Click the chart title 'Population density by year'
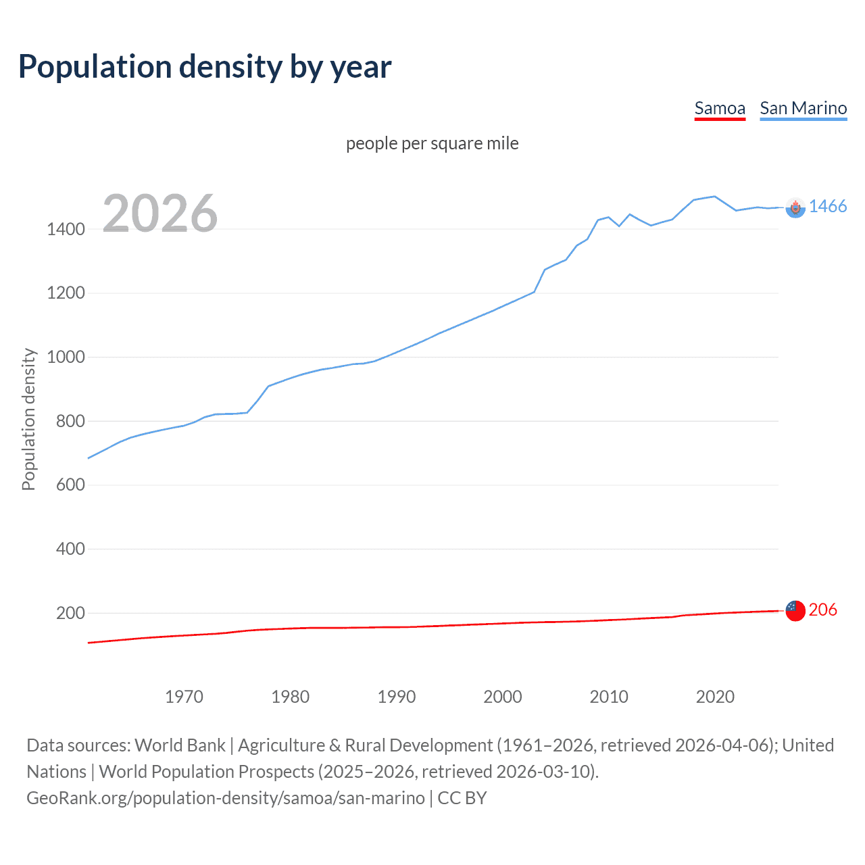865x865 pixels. pyautogui.click(x=205, y=67)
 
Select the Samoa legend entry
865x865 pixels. pyautogui.click(x=720, y=109)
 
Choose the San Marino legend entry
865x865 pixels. pyautogui.click(x=803, y=109)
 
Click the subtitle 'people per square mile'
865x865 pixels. pyautogui.click(x=432, y=144)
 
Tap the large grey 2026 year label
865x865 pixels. pyautogui.click(x=160, y=214)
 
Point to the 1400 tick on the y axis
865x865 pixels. pyautogui.click(x=66, y=230)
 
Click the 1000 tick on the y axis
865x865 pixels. pyautogui.click(x=66, y=357)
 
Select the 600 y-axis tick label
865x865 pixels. pyautogui.click(x=70, y=485)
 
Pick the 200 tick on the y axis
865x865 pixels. pyautogui.click(x=70, y=614)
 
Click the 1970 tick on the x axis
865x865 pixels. pyautogui.click(x=184, y=697)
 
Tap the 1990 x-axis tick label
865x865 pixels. pyautogui.click(x=397, y=697)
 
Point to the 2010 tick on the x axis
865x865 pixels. pyautogui.click(x=609, y=697)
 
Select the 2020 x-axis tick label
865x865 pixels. pyautogui.click(x=715, y=697)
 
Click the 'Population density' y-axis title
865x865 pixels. pyautogui.click(x=28, y=419)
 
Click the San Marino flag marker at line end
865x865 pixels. pyautogui.click(x=795, y=208)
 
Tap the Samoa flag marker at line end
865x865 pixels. pyautogui.click(x=795, y=611)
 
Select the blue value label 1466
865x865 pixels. pyautogui.click(x=827, y=207)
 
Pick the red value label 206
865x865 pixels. pyautogui.click(x=822, y=610)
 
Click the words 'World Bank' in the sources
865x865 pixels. pyautogui.click(x=180, y=745)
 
